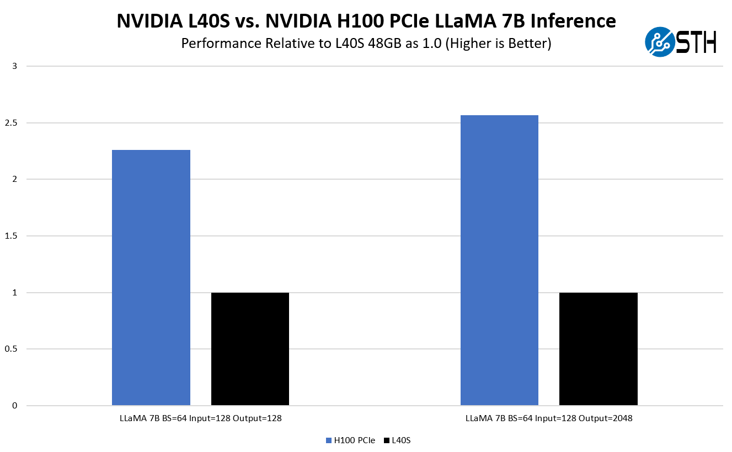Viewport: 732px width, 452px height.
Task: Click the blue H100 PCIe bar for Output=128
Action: click(151, 278)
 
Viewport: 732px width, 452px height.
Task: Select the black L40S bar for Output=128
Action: click(250, 349)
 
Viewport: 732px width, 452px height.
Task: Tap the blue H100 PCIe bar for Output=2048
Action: click(499, 260)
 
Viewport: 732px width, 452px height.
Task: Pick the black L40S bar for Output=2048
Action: click(598, 349)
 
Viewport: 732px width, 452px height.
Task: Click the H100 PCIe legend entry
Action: click(351, 440)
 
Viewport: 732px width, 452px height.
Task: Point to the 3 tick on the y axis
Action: click(15, 66)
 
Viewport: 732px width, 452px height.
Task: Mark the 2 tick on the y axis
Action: click(15, 179)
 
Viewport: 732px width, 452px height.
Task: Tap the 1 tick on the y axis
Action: click(15, 293)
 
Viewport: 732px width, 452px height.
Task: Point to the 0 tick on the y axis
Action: click(15, 406)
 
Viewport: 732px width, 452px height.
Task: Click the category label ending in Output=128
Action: click(201, 418)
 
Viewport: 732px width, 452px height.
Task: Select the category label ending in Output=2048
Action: click(549, 418)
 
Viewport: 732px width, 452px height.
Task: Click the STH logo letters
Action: click(696, 42)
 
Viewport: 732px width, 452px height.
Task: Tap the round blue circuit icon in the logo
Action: click(660, 42)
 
